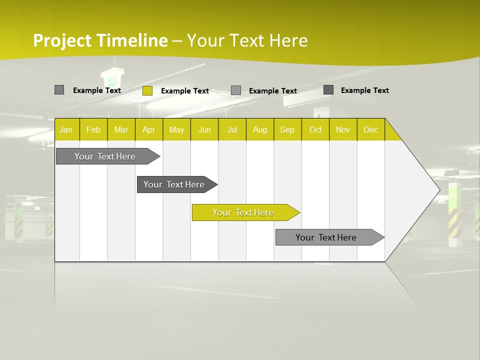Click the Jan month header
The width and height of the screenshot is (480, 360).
66,129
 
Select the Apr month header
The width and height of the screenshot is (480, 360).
148,129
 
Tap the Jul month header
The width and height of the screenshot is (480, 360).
232,129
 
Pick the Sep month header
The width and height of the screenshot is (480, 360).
287,129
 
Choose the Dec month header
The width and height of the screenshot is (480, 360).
370,129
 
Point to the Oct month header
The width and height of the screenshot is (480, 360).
315,129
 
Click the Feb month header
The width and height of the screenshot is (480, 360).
93,129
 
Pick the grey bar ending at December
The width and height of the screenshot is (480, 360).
327,237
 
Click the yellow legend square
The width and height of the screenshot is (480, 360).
147,90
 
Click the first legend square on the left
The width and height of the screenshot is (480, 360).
59,90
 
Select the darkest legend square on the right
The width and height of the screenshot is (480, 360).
328,90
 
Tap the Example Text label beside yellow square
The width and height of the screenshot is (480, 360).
185,91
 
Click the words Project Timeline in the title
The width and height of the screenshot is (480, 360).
100,40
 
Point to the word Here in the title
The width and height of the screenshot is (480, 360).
288,40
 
